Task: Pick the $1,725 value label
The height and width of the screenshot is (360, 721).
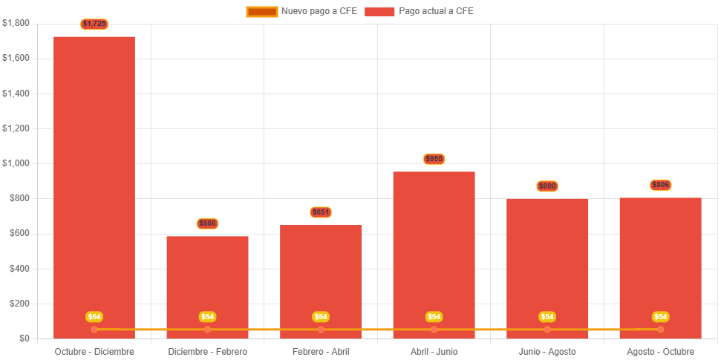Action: point(94,24)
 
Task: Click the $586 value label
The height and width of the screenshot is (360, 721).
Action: point(207,223)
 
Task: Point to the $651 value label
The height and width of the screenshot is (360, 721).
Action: point(321,212)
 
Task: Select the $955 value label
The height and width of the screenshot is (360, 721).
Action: point(434,159)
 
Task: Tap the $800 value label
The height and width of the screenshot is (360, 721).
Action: point(547,186)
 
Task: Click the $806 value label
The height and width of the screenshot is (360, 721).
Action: point(660,185)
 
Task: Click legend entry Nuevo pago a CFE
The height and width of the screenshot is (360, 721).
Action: point(302,11)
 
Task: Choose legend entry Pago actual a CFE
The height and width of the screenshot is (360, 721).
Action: point(420,11)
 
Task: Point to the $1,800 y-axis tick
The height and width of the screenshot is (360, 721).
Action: point(16,23)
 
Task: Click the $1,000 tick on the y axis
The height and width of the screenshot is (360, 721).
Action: point(16,163)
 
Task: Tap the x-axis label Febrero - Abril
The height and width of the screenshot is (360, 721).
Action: point(321,351)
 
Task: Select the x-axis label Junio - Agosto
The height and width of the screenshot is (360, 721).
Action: point(547,351)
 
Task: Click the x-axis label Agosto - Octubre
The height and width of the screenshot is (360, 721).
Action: point(660,351)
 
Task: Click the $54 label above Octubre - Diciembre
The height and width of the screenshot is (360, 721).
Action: point(94,317)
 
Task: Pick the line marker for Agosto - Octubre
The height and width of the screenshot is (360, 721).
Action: point(660,329)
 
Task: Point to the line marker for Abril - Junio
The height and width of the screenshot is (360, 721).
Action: point(434,329)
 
